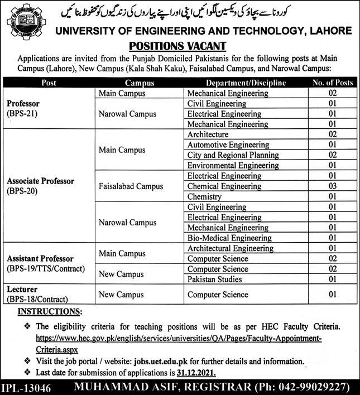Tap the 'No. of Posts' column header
[332, 83]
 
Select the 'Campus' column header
[140, 83]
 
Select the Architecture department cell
[208, 135]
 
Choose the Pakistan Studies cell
[213, 280]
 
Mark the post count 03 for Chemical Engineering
[332, 186]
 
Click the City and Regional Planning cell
[233, 155]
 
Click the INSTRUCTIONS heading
[50, 310]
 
